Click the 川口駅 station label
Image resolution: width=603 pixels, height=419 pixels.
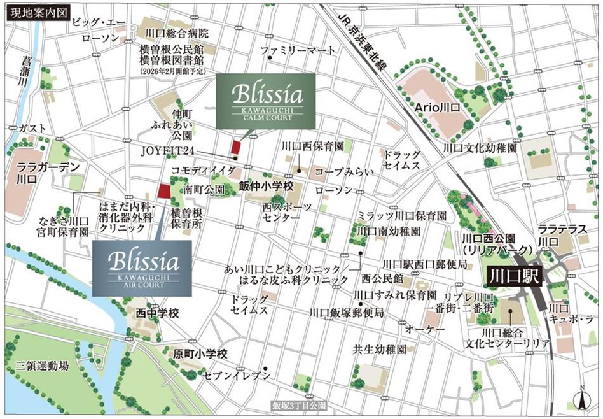click(x=514, y=277)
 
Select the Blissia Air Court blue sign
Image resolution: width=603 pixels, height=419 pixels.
click(x=142, y=267)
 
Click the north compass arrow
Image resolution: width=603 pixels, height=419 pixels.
click(x=581, y=398)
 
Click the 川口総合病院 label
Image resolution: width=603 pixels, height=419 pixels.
click(x=176, y=33)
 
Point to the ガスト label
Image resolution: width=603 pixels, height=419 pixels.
click(x=32, y=128)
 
